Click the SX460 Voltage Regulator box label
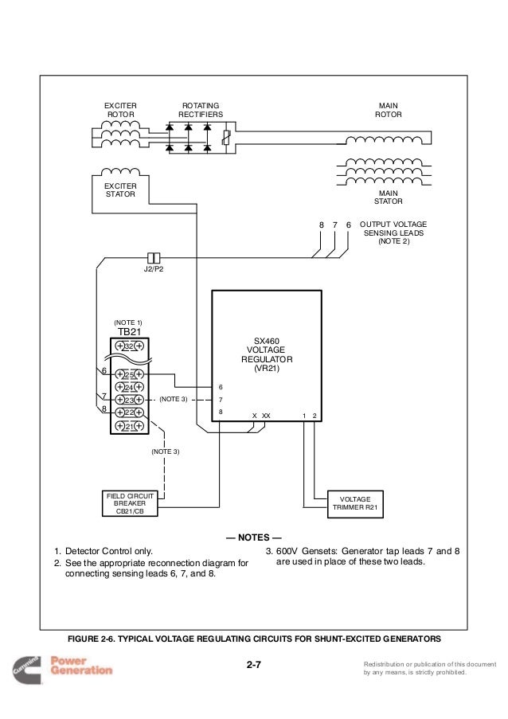click(x=267, y=354)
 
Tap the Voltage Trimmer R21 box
click(x=355, y=504)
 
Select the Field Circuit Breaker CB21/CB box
click(x=130, y=503)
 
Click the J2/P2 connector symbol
click(x=154, y=258)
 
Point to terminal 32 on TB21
click(x=129, y=346)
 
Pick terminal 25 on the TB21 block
click(x=129, y=375)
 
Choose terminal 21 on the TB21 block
click(x=129, y=426)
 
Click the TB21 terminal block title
click(x=129, y=331)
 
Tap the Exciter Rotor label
click(x=120, y=110)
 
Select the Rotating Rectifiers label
click(x=201, y=110)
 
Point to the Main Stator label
click(x=389, y=197)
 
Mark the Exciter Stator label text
click(x=120, y=190)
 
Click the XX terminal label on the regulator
click(x=266, y=416)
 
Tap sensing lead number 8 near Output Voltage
click(x=322, y=225)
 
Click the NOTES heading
click(x=253, y=537)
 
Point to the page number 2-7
click(x=253, y=664)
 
